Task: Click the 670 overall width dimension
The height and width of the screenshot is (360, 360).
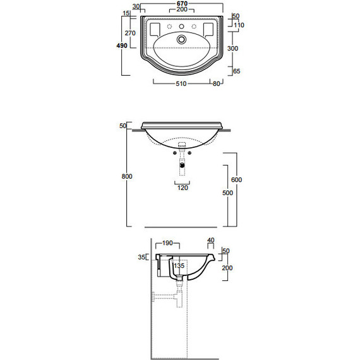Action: [x=182, y=3]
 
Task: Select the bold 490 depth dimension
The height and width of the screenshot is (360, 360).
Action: [x=122, y=45]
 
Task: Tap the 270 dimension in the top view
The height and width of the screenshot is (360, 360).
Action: [x=130, y=33]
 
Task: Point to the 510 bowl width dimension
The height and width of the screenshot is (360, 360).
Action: [x=181, y=83]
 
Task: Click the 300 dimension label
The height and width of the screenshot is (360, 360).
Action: [x=232, y=49]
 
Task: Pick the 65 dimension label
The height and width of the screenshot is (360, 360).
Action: [x=236, y=71]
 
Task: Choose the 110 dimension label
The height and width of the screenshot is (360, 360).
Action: [x=239, y=25]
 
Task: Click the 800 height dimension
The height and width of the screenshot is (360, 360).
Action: [x=127, y=176]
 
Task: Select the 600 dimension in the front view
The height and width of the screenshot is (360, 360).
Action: [x=236, y=179]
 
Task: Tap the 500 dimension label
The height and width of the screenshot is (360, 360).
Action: [x=227, y=193]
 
